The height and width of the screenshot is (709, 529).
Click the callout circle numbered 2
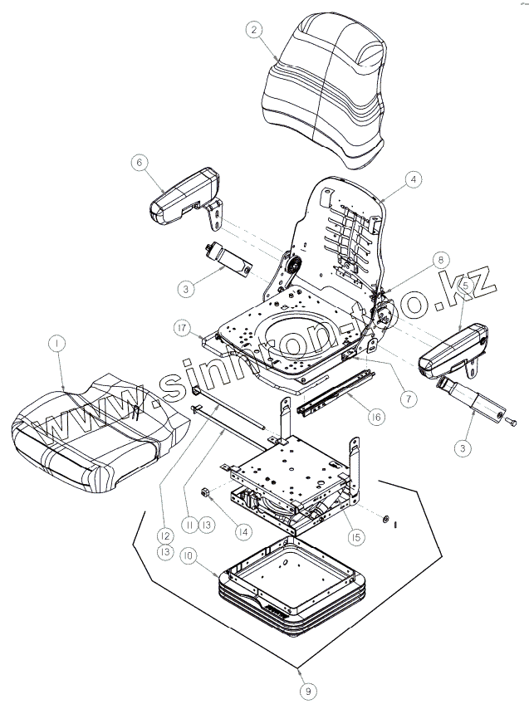click(255, 29)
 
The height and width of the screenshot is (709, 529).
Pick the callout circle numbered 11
click(189, 525)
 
